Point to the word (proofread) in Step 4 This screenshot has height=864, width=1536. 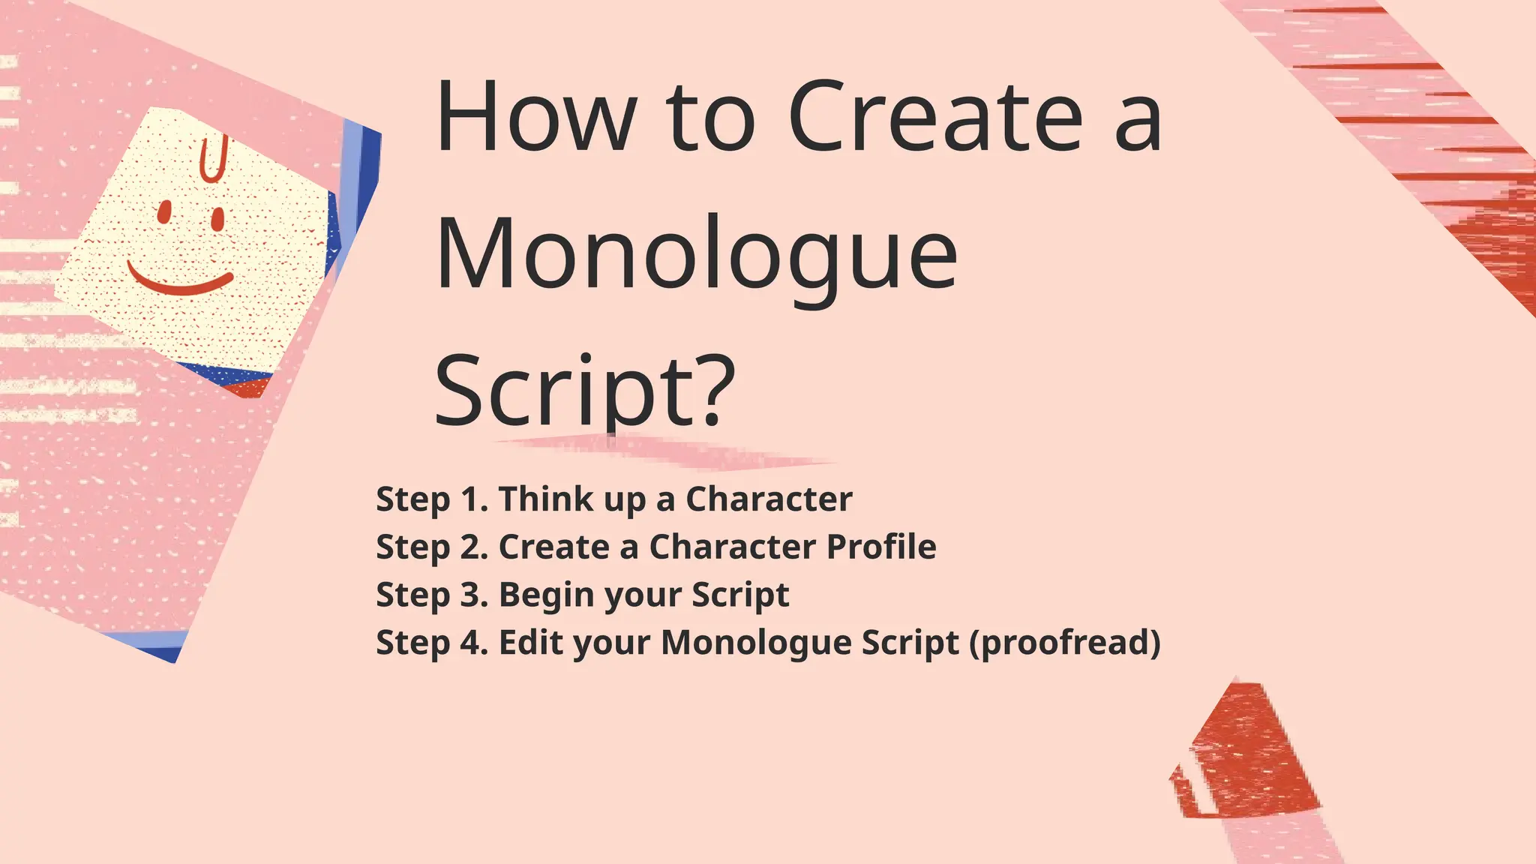[1065, 643]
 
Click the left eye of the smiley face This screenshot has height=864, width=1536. [163, 211]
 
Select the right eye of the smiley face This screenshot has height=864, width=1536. [218, 219]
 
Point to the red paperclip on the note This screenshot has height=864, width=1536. [212, 159]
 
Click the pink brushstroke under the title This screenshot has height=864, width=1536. [667, 452]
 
